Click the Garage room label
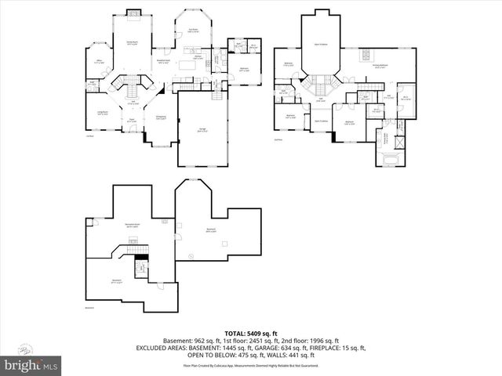[x=202, y=131]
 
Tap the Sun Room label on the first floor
[x=192, y=31]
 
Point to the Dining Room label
[x=160, y=118]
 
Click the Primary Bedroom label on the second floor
[x=381, y=67]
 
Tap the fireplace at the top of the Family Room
[x=133, y=13]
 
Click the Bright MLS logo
[x=31, y=364]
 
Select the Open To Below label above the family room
[x=321, y=45]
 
